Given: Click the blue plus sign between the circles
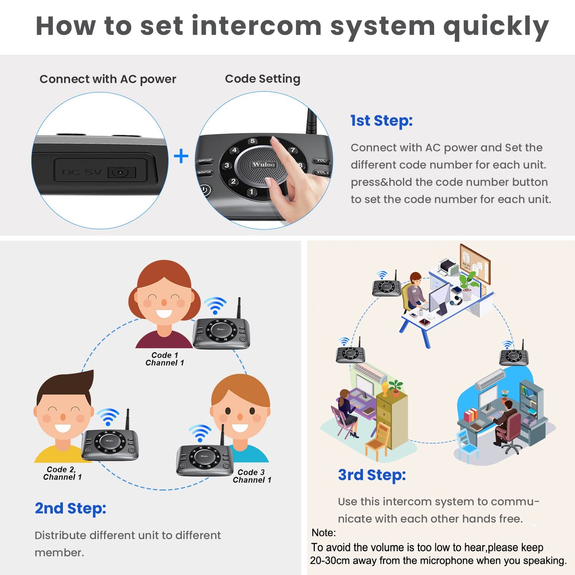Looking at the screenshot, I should pyautogui.click(x=181, y=156).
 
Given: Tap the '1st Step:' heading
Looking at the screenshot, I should pyautogui.click(x=381, y=121).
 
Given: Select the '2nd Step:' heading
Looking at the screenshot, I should pyautogui.click(x=70, y=508).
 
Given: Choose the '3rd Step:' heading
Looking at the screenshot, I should pyautogui.click(x=372, y=475).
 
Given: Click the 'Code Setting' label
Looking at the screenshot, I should pyautogui.click(x=262, y=79).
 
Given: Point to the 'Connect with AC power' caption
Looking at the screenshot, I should pyautogui.click(x=107, y=79).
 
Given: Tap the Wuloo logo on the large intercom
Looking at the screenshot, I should pyautogui.click(x=263, y=164).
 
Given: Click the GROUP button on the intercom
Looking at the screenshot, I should pyautogui.click(x=205, y=161).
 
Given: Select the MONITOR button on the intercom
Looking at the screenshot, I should pyautogui.click(x=205, y=172).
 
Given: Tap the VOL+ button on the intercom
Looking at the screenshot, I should pyautogui.click(x=322, y=173).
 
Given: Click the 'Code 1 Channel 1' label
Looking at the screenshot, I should pyautogui.click(x=165, y=359).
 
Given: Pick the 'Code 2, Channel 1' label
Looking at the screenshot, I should pyautogui.click(x=62, y=473).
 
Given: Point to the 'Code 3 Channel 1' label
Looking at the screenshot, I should pyautogui.click(x=251, y=476).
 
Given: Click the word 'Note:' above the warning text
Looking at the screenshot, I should pyautogui.click(x=324, y=532).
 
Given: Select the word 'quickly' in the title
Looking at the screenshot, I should pyautogui.click(x=496, y=26).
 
